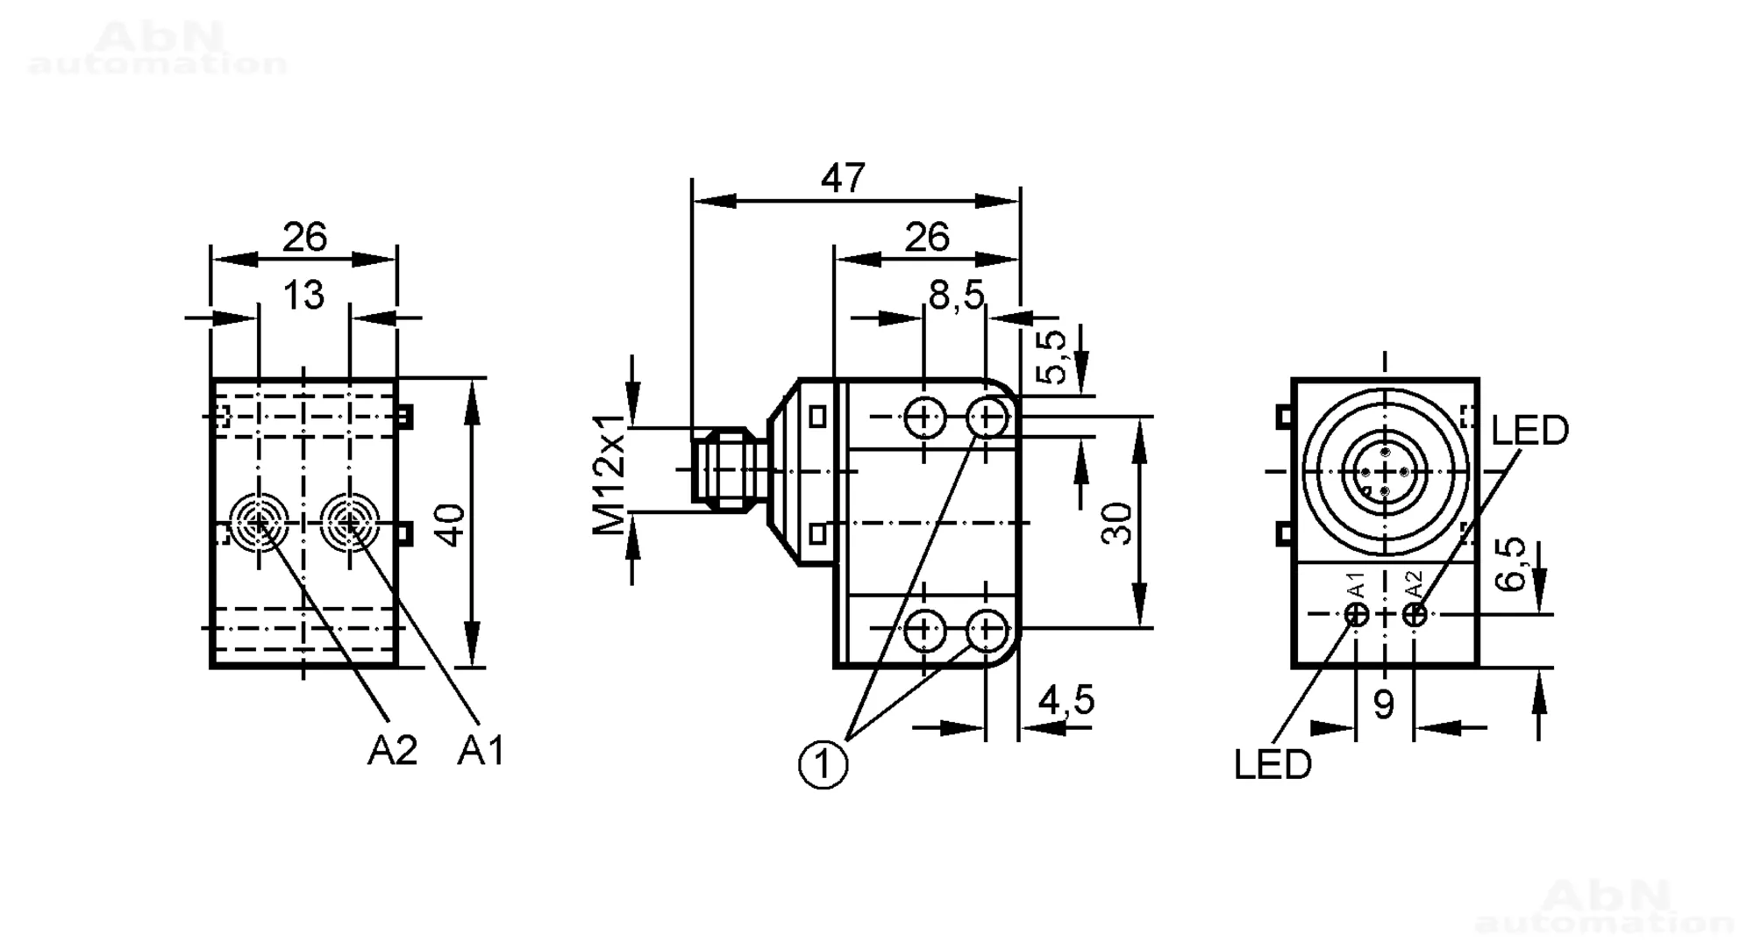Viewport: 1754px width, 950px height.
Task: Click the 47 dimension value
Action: coord(843,178)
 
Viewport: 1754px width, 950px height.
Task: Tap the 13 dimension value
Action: coord(303,296)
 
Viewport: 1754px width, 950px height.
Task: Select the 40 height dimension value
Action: coord(451,524)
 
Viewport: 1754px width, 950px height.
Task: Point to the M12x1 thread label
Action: coord(609,474)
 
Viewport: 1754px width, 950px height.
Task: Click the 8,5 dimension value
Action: coord(957,296)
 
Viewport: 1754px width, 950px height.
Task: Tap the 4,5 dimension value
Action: coord(1066,700)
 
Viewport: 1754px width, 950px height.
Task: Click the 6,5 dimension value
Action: coord(1511,564)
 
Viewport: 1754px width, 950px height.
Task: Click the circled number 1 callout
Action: coord(823,765)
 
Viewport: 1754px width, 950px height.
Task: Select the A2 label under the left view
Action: coord(392,750)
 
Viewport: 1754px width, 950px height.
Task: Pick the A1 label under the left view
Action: coord(481,750)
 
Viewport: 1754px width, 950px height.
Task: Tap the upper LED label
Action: coord(1529,431)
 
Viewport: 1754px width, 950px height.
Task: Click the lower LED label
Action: coord(1273,765)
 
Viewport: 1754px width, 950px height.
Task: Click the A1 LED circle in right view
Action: coord(1357,614)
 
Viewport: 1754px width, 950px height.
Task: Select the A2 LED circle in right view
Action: coord(1415,614)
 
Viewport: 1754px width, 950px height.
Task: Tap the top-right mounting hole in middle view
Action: coord(987,418)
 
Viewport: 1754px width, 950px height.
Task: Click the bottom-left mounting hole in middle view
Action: coord(923,628)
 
